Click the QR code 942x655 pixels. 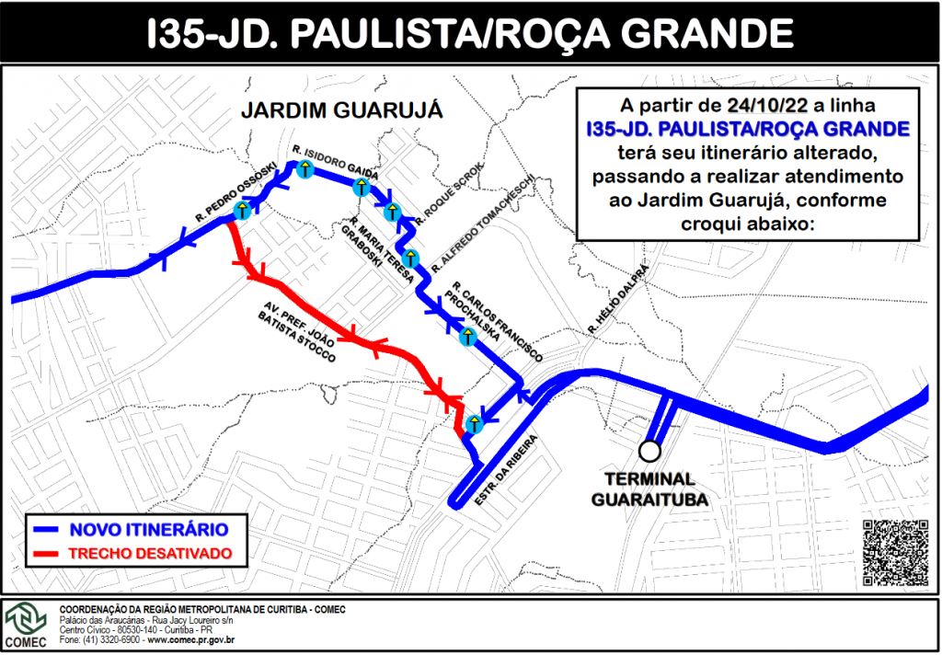pyautogui.click(x=895, y=553)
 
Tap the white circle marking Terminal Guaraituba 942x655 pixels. pyautogui.click(x=650, y=451)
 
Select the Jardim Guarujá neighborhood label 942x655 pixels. pyautogui.click(x=341, y=110)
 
